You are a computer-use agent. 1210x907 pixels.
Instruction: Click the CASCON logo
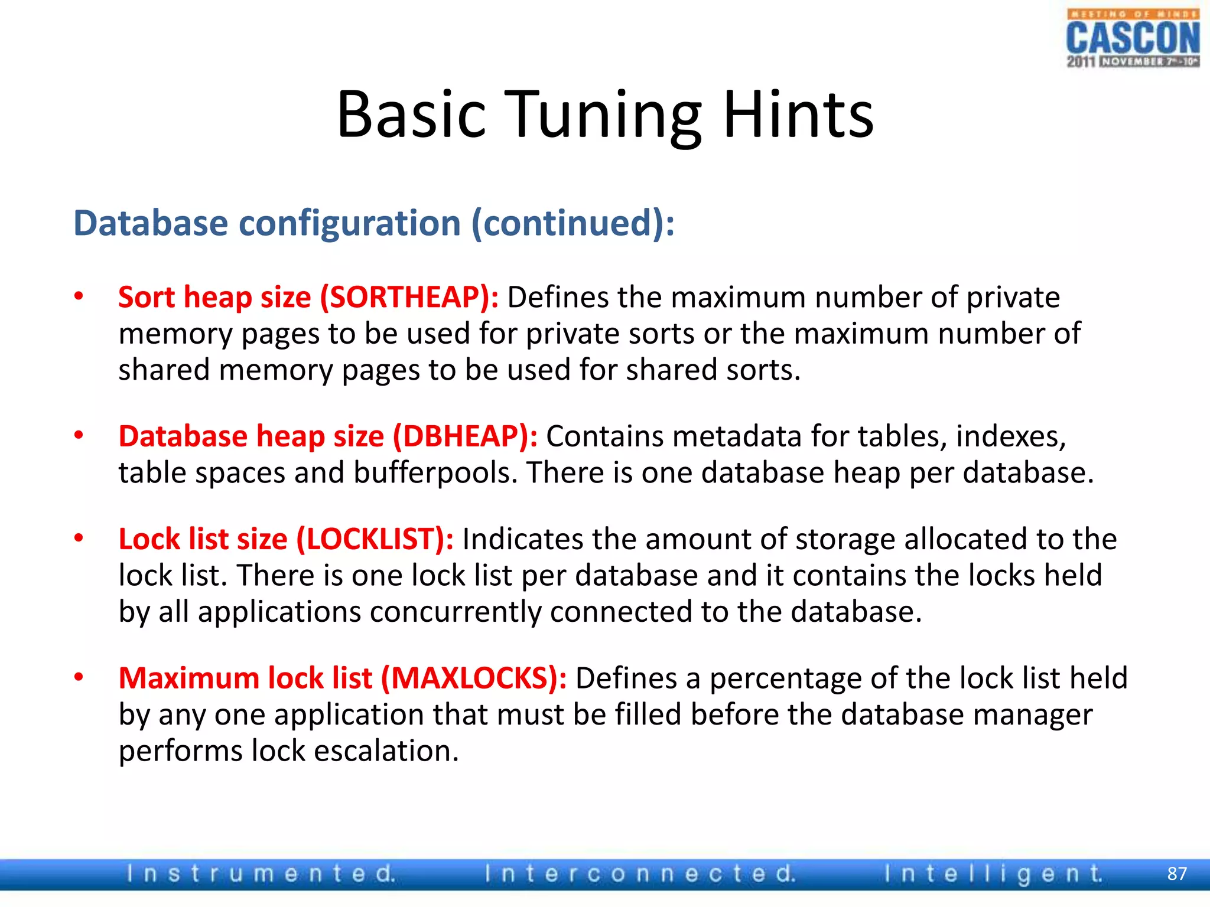[1133, 39]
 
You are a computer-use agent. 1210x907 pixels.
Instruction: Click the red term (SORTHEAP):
[409, 297]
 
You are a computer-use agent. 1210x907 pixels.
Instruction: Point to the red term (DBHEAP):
[465, 436]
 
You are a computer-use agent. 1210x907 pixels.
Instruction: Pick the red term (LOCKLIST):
[375, 539]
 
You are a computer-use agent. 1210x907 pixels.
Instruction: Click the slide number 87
[1177, 873]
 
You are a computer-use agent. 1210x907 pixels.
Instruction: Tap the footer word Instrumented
[261, 873]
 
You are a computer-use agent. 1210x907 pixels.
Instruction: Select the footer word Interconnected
[640, 873]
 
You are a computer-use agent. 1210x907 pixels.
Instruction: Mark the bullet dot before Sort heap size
[79, 296]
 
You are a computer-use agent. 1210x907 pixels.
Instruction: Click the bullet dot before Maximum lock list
[79, 677]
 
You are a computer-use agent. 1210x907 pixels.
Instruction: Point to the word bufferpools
[436, 473]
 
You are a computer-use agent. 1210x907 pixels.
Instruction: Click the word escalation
[386, 751]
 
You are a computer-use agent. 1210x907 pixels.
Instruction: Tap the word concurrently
[455, 612]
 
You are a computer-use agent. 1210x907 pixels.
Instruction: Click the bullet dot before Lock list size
[79, 539]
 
